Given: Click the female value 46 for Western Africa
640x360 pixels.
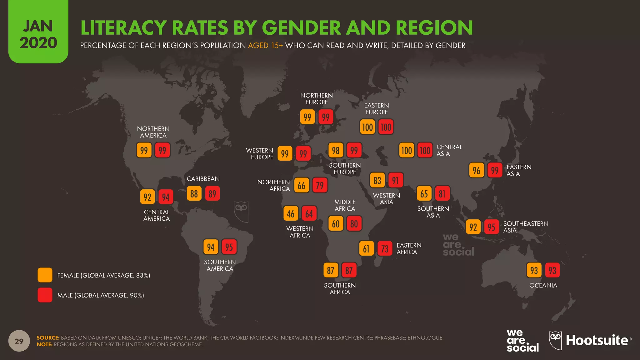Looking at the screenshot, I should point(291,214).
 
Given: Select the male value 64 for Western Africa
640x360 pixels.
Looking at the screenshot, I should point(309,214).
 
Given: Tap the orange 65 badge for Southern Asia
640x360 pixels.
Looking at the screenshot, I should point(424,194).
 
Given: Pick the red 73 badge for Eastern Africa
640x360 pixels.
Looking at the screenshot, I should point(385,249).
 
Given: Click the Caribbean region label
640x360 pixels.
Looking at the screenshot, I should point(203,179).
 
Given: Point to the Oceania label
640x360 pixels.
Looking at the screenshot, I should point(543,285).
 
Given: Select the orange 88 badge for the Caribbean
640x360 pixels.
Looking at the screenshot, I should point(194,194).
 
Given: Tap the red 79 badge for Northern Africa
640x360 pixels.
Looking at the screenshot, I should point(320,185).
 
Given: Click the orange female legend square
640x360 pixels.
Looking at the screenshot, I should point(45,275).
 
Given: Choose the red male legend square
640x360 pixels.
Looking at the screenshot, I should point(45,295).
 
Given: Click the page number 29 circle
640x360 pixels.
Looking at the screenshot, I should point(19,341).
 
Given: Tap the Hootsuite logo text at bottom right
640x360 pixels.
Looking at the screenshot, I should point(597,340).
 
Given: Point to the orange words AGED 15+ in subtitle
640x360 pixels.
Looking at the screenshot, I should point(265,46).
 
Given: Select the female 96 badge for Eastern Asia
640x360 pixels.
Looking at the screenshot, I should point(476,170).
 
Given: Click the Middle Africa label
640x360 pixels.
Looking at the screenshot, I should point(345,205).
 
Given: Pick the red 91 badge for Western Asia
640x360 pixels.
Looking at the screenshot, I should point(395,180).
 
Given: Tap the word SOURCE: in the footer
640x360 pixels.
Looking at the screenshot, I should point(48,337).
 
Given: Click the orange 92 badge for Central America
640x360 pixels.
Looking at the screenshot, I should point(147,197).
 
